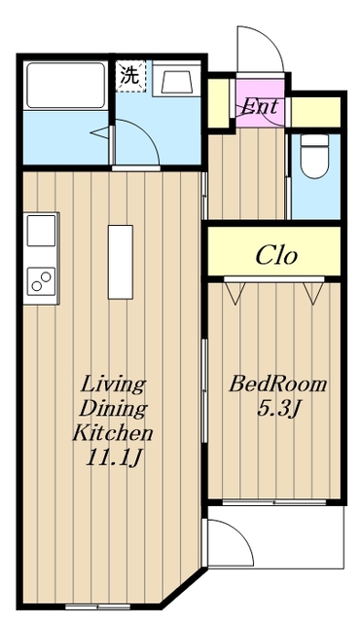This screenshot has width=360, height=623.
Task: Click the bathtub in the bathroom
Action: (x=66, y=85)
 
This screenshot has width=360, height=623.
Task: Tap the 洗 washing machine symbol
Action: (x=130, y=76)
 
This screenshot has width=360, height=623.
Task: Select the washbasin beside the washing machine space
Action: (x=177, y=79)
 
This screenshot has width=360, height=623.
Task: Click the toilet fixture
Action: (x=314, y=156)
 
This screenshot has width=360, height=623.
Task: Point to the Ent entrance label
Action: (x=260, y=106)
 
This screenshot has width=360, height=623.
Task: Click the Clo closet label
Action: (x=276, y=255)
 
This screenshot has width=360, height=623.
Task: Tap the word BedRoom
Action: (x=277, y=385)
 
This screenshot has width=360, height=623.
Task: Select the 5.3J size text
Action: (x=277, y=409)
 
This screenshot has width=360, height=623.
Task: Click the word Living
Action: (x=113, y=385)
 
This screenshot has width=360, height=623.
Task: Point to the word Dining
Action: (x=113, y=409)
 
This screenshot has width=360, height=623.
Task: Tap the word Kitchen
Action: (x=112, y=432)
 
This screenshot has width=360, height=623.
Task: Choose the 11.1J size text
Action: (x=112, y=458)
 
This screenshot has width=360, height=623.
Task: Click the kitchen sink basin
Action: (x=41, y=231)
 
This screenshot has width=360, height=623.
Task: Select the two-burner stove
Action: (x=41, y=281)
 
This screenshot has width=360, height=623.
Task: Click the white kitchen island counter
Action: (x=121, y=262)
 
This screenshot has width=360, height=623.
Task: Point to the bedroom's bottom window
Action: (x=274, y=502)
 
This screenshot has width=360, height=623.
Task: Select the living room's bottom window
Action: (x=98, y=606)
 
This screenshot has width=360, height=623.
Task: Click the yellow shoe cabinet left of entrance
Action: (x=218, y=103)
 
